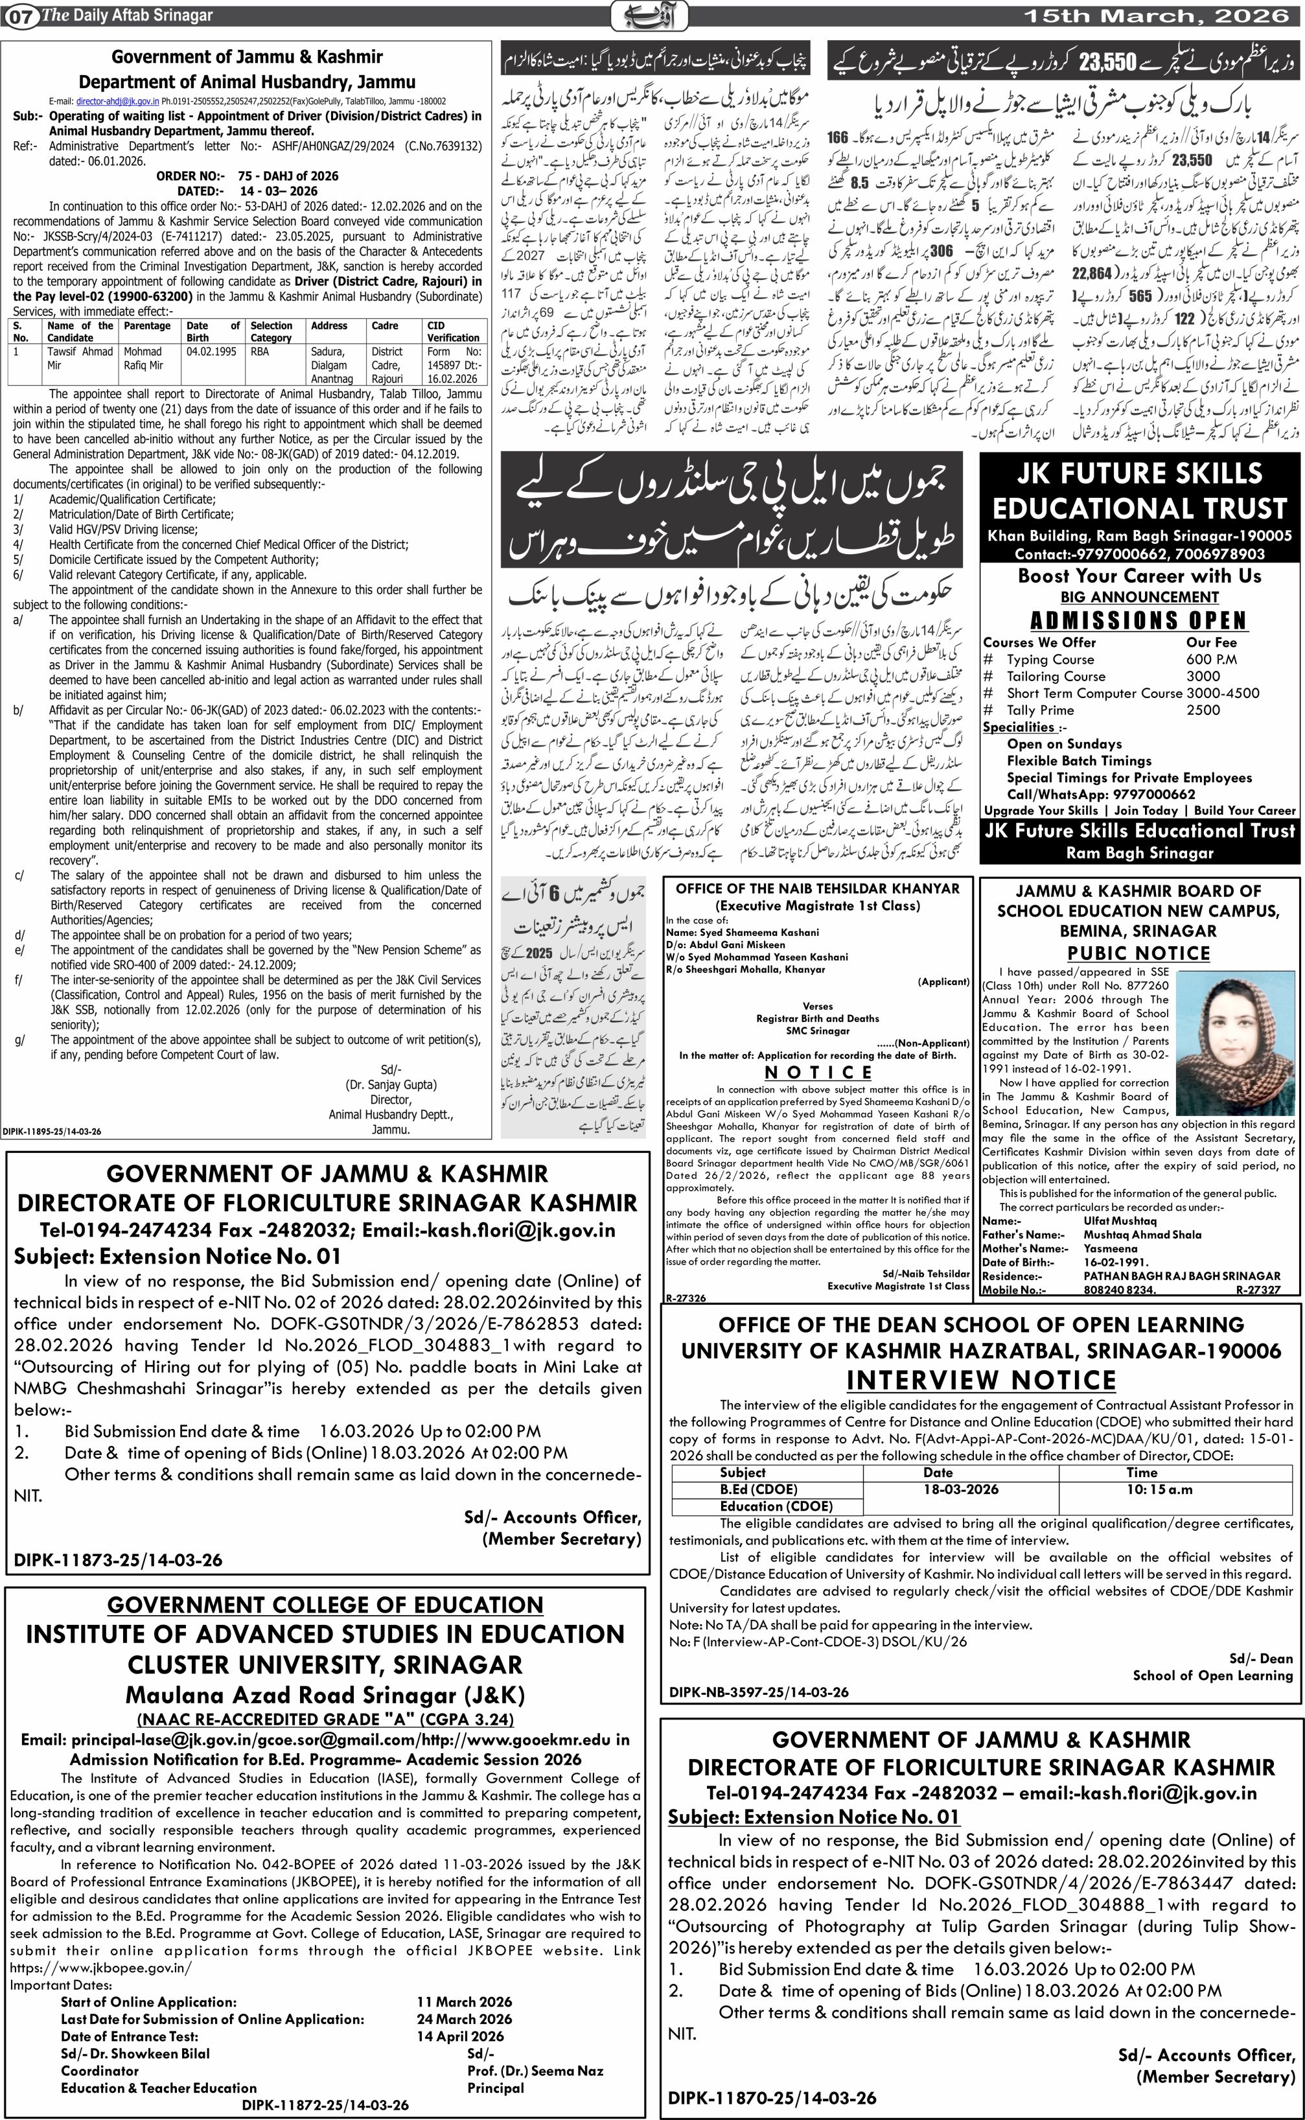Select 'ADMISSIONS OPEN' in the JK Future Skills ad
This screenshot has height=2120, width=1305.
[1138, 621]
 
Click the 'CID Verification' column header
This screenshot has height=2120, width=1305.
[453, 331]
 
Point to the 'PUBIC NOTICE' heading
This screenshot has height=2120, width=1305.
[1138, 953]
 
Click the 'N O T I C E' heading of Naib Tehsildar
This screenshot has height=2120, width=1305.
[818, 1073]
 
